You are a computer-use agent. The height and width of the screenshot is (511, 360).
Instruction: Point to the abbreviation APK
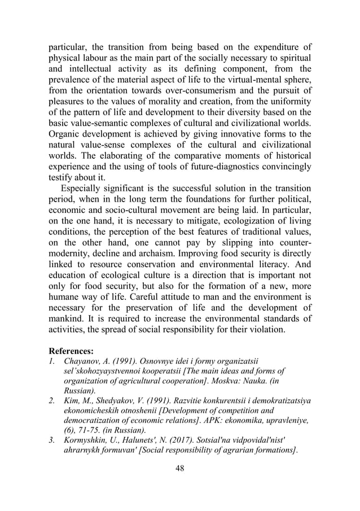(x=221, y=410)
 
